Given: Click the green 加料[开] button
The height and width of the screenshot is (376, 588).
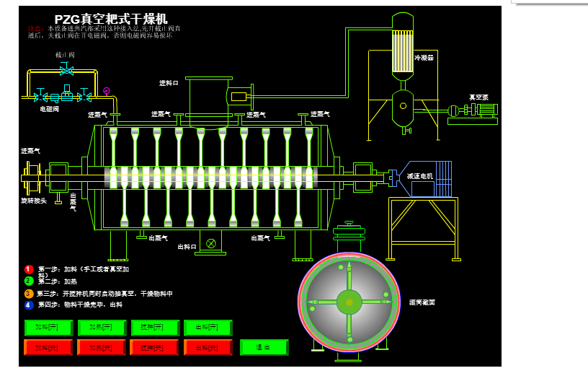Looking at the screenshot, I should [48, 328].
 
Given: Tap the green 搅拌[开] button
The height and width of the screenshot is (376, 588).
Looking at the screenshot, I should [155, 328].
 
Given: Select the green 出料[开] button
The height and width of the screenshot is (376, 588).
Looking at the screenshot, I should [208, 328].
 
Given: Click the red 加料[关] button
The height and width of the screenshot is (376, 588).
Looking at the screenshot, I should [48, 347].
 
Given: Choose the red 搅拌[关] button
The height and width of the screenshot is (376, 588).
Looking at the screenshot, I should [154, 347].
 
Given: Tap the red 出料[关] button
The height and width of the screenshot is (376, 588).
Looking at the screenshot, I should [208, 347].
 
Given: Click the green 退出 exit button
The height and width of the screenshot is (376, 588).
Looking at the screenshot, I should [264, 347].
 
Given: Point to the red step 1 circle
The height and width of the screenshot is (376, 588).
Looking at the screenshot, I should [29, 269].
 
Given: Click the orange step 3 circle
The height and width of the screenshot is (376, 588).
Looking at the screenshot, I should [29, 294].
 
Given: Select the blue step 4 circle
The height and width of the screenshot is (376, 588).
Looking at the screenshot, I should [29, 305].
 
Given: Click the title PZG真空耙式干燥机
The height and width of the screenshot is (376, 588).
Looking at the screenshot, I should [111, 19].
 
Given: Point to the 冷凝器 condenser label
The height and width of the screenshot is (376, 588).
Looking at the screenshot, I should [424, 58].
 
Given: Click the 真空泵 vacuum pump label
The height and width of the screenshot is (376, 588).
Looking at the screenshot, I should [478, 97].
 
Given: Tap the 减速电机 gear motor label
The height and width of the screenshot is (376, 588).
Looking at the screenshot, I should [419, 176].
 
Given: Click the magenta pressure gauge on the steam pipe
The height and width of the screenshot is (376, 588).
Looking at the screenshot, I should [106, 91].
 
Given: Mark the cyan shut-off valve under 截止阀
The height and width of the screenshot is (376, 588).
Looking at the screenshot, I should [66, 70].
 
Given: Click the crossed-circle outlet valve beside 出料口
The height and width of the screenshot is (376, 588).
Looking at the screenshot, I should [210, 243].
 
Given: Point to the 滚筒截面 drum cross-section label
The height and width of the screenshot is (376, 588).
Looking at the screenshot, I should [422, 302].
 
